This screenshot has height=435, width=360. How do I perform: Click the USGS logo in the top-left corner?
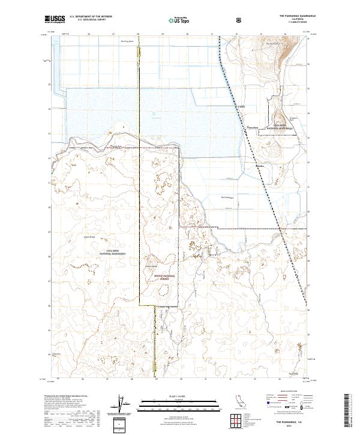click(55, 19)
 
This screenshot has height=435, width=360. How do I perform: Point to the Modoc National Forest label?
click(160, 278)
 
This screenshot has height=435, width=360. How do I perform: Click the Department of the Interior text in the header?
click(95, 16)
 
